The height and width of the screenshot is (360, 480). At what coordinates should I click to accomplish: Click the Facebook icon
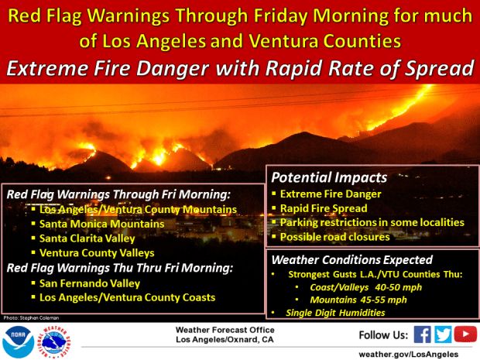(423, 334)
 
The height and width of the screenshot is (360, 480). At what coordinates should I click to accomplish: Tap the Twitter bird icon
(443, 334)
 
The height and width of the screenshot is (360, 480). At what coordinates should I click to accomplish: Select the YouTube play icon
(465, 334)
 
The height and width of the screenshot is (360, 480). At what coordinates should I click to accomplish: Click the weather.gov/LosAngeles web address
(409, 355)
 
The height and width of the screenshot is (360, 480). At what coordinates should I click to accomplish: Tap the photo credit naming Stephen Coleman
(31, 318)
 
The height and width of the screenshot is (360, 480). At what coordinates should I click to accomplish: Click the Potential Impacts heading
(329, 177)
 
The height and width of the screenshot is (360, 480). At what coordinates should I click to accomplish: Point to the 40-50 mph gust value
(398, 287)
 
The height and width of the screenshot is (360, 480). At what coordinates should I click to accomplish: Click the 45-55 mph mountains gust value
(383, 300)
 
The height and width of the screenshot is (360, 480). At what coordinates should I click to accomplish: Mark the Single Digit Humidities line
(335, 313)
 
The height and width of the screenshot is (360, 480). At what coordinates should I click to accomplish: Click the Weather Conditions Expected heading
(352, 260)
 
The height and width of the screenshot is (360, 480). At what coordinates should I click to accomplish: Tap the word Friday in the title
(280, 16)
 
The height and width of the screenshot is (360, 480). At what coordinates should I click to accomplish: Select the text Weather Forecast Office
(225, 330)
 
